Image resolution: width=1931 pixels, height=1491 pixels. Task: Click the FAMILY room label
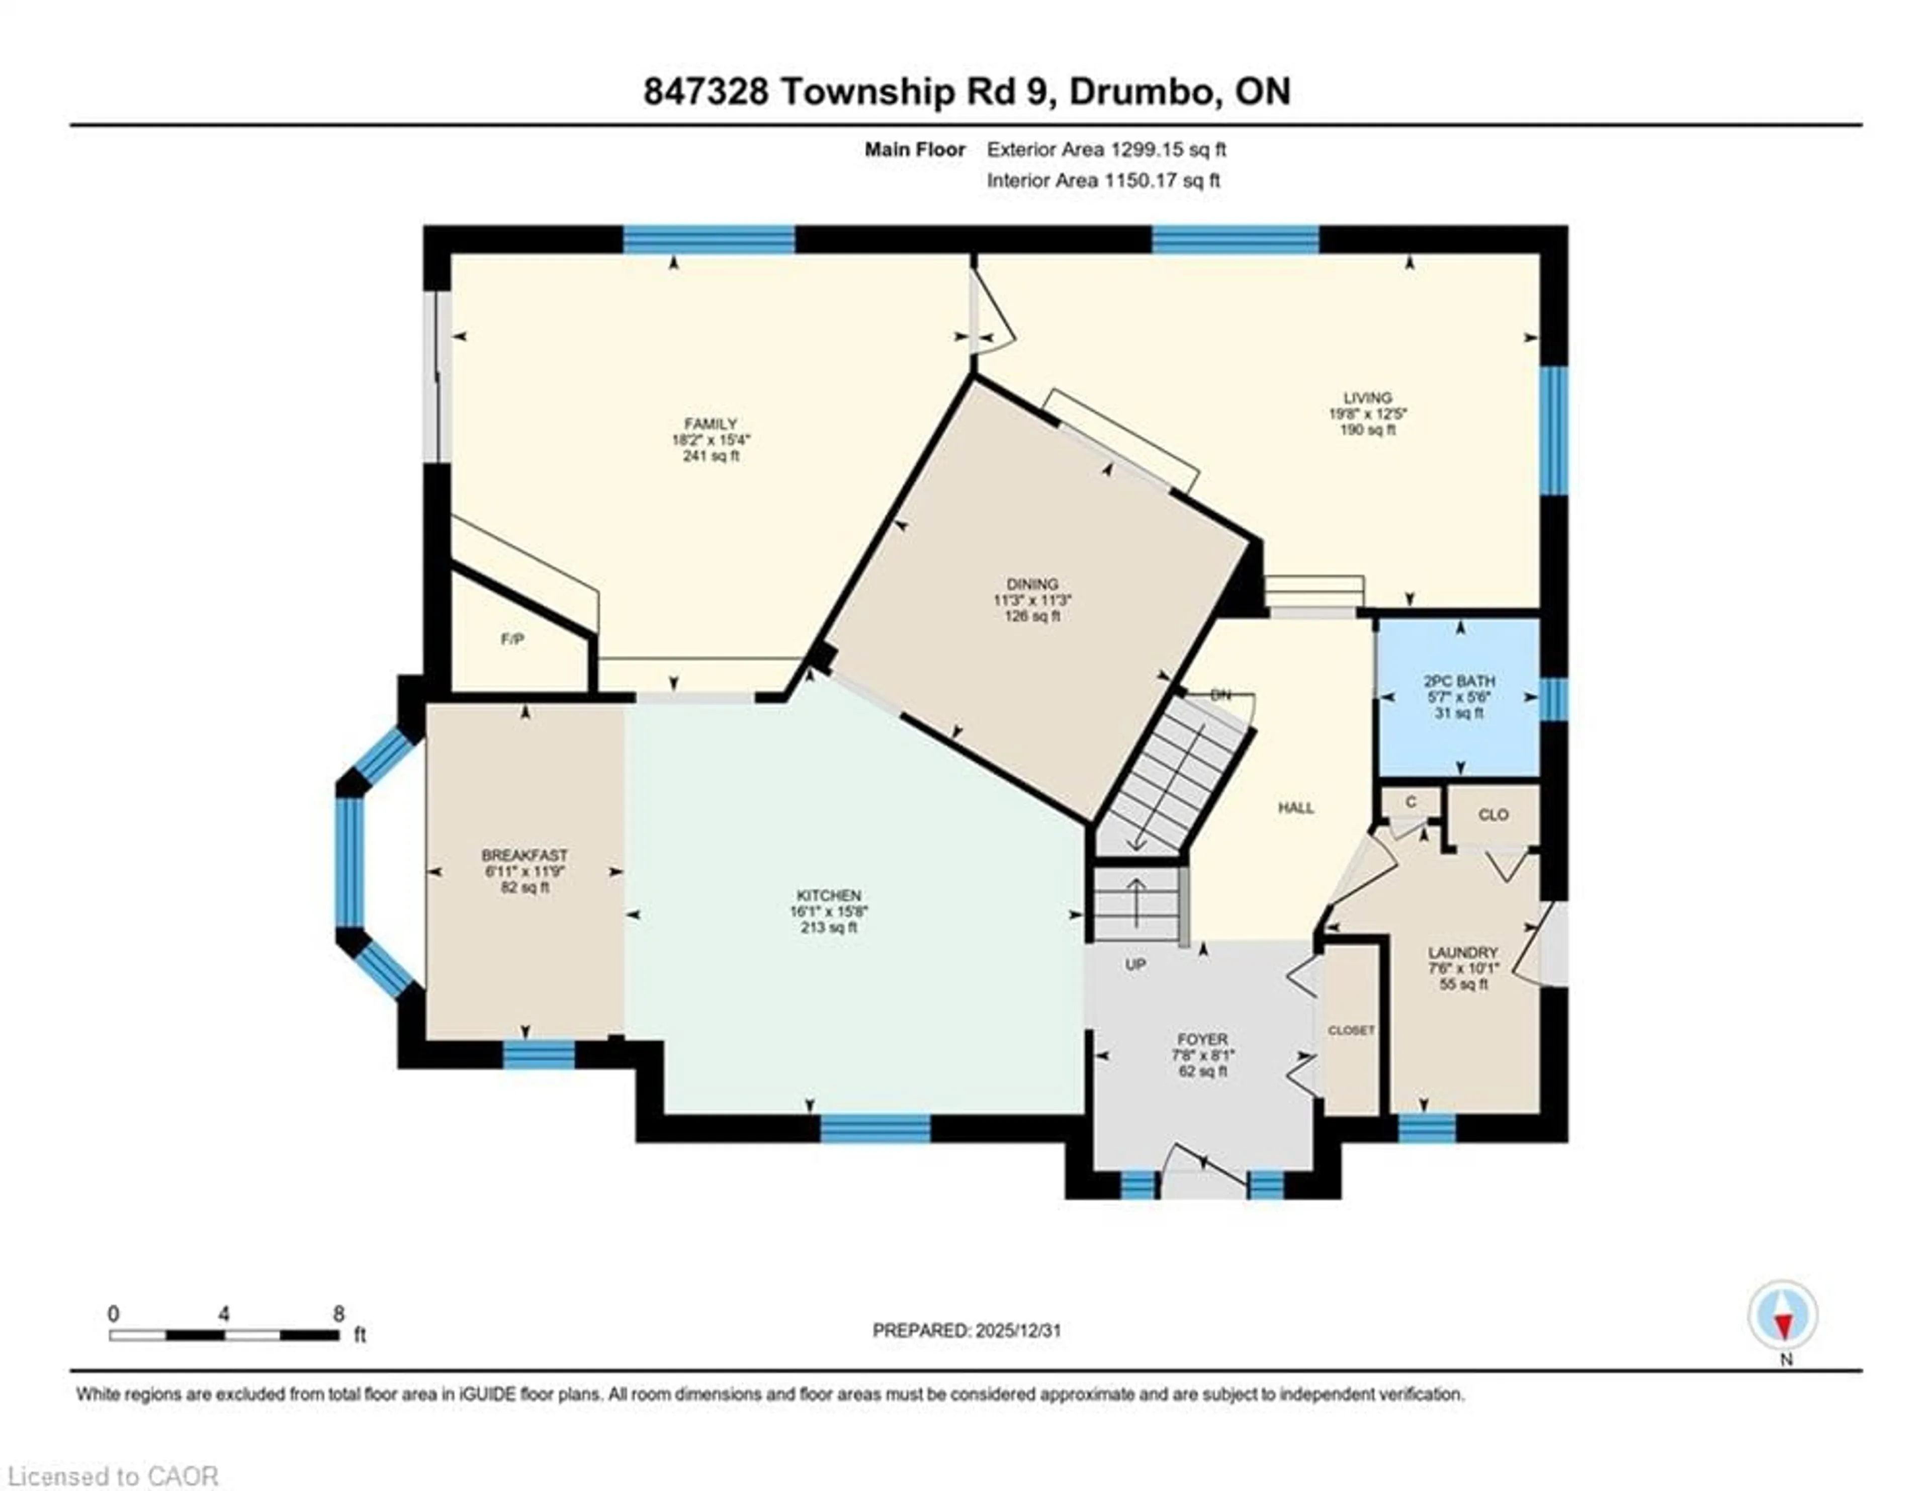pyautogui.click(x=710, y=424)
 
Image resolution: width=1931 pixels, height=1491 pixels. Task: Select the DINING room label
pyautogui.click(x=1032, y=584)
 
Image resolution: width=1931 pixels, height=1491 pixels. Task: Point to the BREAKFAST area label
pyautogui.click(x=524, y=855)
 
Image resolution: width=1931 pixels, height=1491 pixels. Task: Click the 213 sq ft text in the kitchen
pyautogui.click(x=828, y=928)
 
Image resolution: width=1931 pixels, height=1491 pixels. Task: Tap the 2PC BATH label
pyautogui.click(x=1459, y=681)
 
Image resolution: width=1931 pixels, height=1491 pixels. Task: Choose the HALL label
pyautogui.click(x=1295, y=807)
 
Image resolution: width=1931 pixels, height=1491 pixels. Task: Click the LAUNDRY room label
pyautogui.click(x=1462, y=952)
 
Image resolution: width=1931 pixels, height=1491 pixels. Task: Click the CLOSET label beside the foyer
pyautogui.click(x=1351, y=1030)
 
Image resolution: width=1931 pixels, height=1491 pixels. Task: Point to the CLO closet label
pyautogui.click(x=1493, y=814)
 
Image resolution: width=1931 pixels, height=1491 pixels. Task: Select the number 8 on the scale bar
pyautogui.click(x=338, y=1314)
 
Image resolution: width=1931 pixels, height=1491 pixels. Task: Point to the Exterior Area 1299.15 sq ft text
pyautogui.click(x=1106, y=149)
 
